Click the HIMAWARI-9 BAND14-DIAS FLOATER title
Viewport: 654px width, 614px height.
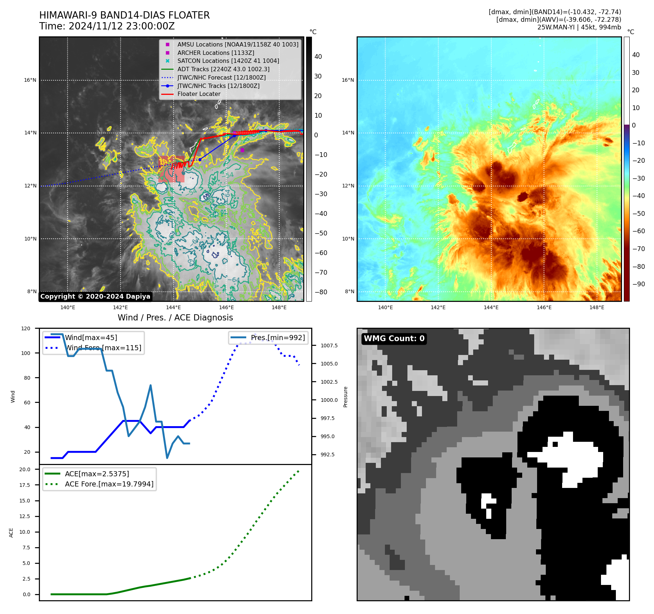tap(124, 15)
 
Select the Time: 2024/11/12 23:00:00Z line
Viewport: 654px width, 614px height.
tap(107, 26)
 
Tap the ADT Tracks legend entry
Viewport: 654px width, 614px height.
tap(223, 69)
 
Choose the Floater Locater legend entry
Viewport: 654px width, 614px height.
tap(199, 94)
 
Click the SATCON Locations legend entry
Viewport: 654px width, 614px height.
tap(228, 61)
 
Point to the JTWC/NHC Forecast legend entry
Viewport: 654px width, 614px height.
tap(221, 77)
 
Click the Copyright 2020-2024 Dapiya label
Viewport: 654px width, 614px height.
tap(95, 296)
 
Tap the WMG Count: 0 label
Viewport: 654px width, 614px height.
tap(394, 339)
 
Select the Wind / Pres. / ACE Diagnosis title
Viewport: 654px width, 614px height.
tap(175, 318)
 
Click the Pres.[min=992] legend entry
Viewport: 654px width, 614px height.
tap(278, 338)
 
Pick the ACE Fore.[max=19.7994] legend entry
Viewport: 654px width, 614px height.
tap(109, 484)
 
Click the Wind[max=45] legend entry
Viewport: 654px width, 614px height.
tap(91, 338)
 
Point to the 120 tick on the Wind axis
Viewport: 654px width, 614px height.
tap(26, 328)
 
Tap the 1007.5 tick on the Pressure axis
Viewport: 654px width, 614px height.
tap(329, 346)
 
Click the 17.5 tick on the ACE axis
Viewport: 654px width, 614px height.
tap(25, 485)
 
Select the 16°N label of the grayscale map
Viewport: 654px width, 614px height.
tap(30, 80)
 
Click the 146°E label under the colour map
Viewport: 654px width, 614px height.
tap(544, 307)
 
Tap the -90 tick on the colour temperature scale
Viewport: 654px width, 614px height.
tap(638, 284)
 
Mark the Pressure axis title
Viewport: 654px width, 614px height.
tap(345, 397)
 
